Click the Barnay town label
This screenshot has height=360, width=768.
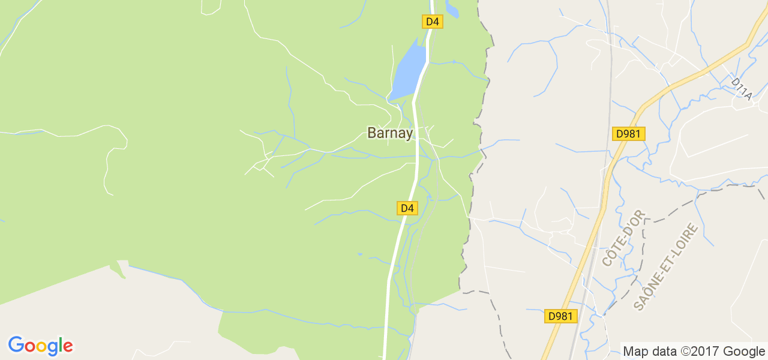390,133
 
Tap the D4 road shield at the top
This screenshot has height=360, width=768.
433,22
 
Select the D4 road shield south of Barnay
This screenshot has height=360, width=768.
407,208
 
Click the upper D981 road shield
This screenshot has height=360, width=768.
628,134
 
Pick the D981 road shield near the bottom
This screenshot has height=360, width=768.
561,316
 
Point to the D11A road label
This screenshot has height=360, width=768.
742,88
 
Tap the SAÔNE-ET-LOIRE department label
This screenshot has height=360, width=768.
666,266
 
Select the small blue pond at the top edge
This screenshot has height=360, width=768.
452,8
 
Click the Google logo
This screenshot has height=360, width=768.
40,346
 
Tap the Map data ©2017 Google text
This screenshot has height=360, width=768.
694,352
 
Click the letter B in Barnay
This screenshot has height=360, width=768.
372,133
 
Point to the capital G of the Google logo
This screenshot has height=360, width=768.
15,345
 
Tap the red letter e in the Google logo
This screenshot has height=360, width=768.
68,346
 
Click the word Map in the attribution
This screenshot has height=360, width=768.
635,352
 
